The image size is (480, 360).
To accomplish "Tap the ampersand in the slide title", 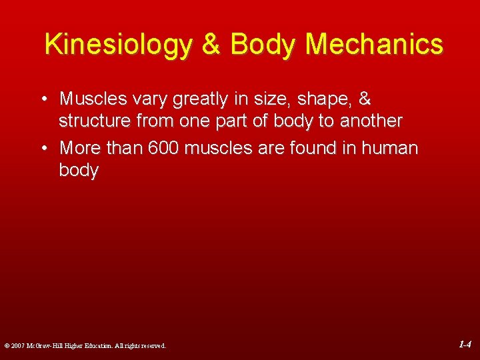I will (x=211, y=45).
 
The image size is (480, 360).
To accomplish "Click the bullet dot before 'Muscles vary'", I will (x=42, y=99).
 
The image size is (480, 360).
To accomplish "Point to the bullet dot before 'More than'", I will (x=42, y=148).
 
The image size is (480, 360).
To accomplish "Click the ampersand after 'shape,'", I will (x=365, y=99).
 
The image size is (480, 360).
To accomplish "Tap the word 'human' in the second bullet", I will (x=390, y=148).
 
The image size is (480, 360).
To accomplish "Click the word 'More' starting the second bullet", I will (x=80, y=148).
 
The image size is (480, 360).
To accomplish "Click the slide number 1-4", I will (x=465, y=345).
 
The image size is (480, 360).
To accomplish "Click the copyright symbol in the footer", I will (x=6, y=346).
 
